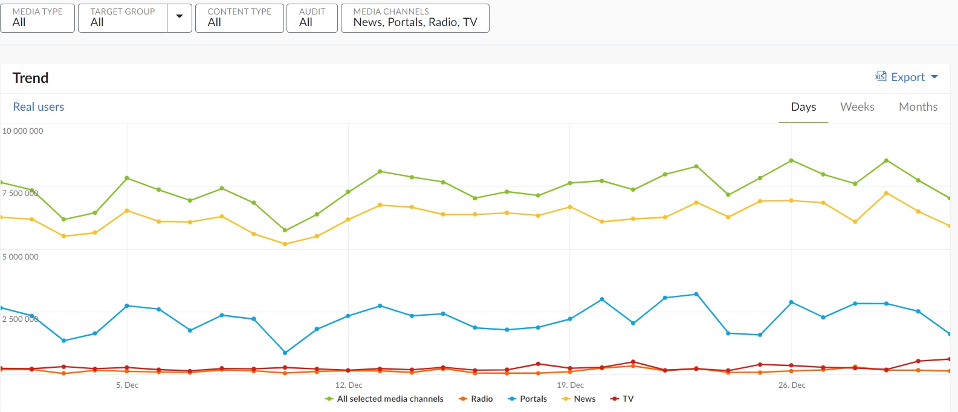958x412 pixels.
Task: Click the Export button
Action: coord(907,77)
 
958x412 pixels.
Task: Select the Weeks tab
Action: coord(857,107)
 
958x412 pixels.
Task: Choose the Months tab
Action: coord(918,107)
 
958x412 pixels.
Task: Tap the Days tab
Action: coord(803,107)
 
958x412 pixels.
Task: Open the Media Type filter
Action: coord(37,18)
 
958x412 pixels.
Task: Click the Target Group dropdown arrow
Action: coord(180,17)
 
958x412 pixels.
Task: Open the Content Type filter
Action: coord(239,18)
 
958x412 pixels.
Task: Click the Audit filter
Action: coord(312,18)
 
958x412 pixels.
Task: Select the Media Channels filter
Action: coord(415,18)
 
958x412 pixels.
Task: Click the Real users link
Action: coord(39,107)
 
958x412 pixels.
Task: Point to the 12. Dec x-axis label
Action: coord(349,385)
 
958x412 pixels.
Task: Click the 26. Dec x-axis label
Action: coord(792,385)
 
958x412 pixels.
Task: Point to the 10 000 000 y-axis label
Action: coord(23,131)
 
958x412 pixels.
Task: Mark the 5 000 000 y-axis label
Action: coord(21,257)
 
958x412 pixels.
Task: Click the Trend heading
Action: coord(30,78)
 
